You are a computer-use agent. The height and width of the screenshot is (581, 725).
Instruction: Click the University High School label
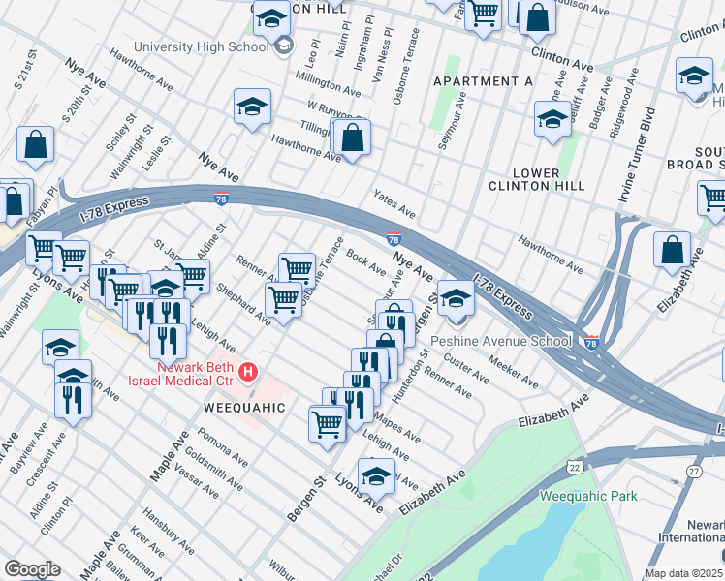coord(201,46)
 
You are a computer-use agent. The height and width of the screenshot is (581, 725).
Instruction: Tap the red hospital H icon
coord(249,371)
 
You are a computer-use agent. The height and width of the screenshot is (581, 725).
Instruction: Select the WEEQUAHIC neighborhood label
coord(244,408)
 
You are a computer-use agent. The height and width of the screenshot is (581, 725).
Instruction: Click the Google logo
coord(31,569)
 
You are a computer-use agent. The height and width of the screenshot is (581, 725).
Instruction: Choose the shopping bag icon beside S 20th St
coord(35,146)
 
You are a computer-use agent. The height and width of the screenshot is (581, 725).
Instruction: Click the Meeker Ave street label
coord(514,373)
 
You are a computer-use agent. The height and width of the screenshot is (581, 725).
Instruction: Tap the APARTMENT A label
coord(483,81)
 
